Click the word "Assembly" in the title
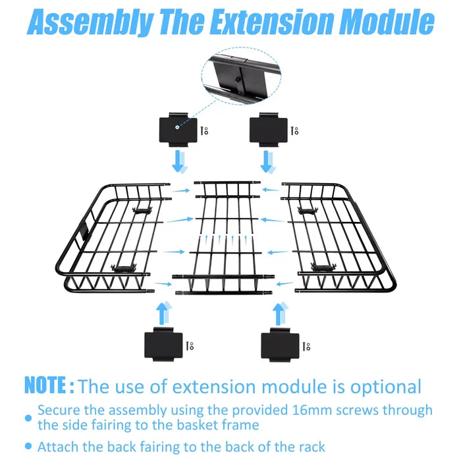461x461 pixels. pos(90,22)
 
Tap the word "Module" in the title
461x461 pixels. pos(387,22)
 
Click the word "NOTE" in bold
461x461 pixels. pos(45,385)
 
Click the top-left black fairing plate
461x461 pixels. pos(178,130)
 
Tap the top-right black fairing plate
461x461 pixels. pos(269,130)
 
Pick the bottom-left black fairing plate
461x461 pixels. pos(163,344)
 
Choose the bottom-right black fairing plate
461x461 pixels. pos(280,345)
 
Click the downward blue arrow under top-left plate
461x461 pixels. pos(178,161)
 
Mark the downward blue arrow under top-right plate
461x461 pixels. pos(267,162)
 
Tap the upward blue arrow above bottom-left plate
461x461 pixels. pos(163,313)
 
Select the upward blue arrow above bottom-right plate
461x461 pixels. pos(280,313)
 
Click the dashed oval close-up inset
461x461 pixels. pos(242,76)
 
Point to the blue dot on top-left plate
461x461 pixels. pos(177,127)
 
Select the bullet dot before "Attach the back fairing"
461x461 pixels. pos(28,447)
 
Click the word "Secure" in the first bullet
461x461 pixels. pos(59,410)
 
